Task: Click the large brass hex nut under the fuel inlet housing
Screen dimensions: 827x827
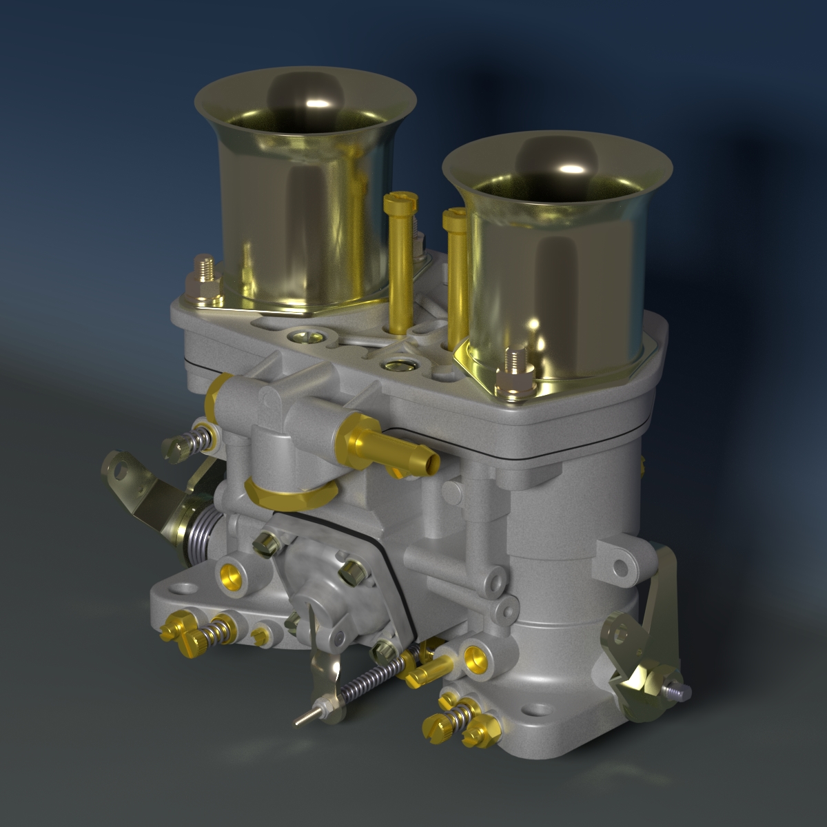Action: [x=289, y=495]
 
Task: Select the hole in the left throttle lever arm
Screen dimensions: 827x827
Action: [x=122, y=471]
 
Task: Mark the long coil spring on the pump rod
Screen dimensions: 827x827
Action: [x=372, y=679]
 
